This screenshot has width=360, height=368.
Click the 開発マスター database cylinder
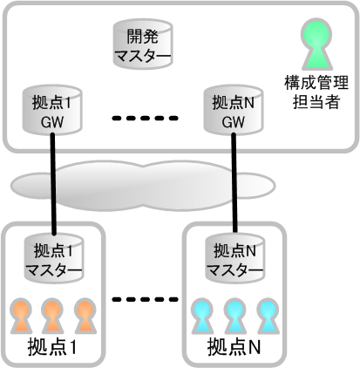click(x=143, y=44)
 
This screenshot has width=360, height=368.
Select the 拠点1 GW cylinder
click(x=52, y=110)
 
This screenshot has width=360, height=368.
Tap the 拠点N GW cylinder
click(x=234, y=110)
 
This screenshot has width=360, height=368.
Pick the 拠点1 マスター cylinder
click(x=54, y=258)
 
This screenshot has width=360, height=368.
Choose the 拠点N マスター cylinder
click(x=234, y=258)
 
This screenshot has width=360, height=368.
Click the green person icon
click(x=316, y=44)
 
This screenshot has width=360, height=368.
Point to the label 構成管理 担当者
click(x=316, y=92)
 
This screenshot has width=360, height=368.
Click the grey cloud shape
click(x=142, y=186)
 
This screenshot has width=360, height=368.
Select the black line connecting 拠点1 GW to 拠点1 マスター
click(x=53, y=184)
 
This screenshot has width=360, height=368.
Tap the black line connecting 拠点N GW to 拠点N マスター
click(x=234, y=183)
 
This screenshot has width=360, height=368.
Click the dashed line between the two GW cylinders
click(x=145, y=118)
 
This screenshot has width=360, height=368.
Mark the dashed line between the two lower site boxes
click(x=145, y=299)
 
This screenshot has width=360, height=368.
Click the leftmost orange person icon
click(x=21, y=316)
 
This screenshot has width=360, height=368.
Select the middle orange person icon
click(x=52, y=316)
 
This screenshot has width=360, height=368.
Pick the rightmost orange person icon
click(x=85, y=316)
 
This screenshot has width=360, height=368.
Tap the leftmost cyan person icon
click(x=202, y=316)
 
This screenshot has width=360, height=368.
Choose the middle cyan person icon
click(x=234, y=316)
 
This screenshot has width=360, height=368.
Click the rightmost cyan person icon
click(x=268, y=316)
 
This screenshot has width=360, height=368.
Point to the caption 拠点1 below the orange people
click(x=52, y=347)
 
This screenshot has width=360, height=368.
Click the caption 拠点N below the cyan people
click(x=234, y=347)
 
